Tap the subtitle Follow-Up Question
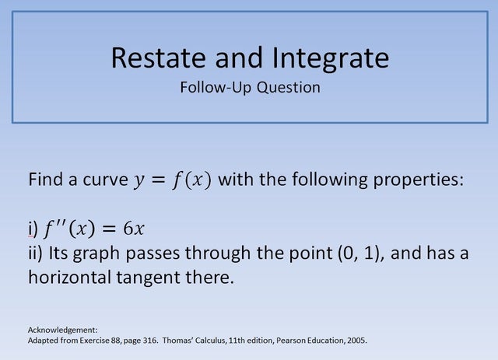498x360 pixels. (250, 87)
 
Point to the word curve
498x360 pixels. (100, 180)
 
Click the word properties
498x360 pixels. (419, 180)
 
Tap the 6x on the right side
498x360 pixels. (134, 229)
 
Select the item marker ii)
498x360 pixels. (36, 253)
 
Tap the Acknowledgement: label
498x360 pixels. (62, 329)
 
